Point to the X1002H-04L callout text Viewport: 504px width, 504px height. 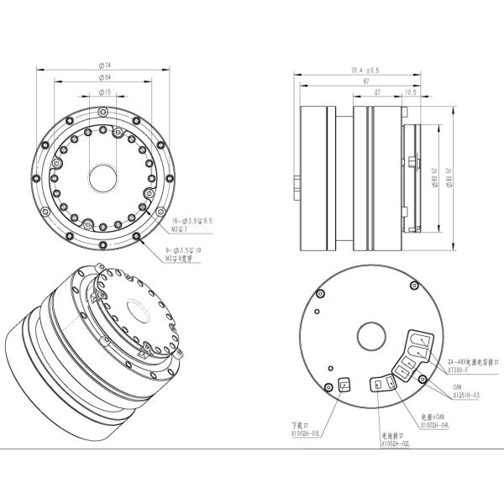434,426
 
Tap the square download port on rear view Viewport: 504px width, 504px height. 344,386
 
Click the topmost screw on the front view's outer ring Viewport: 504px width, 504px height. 104,111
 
